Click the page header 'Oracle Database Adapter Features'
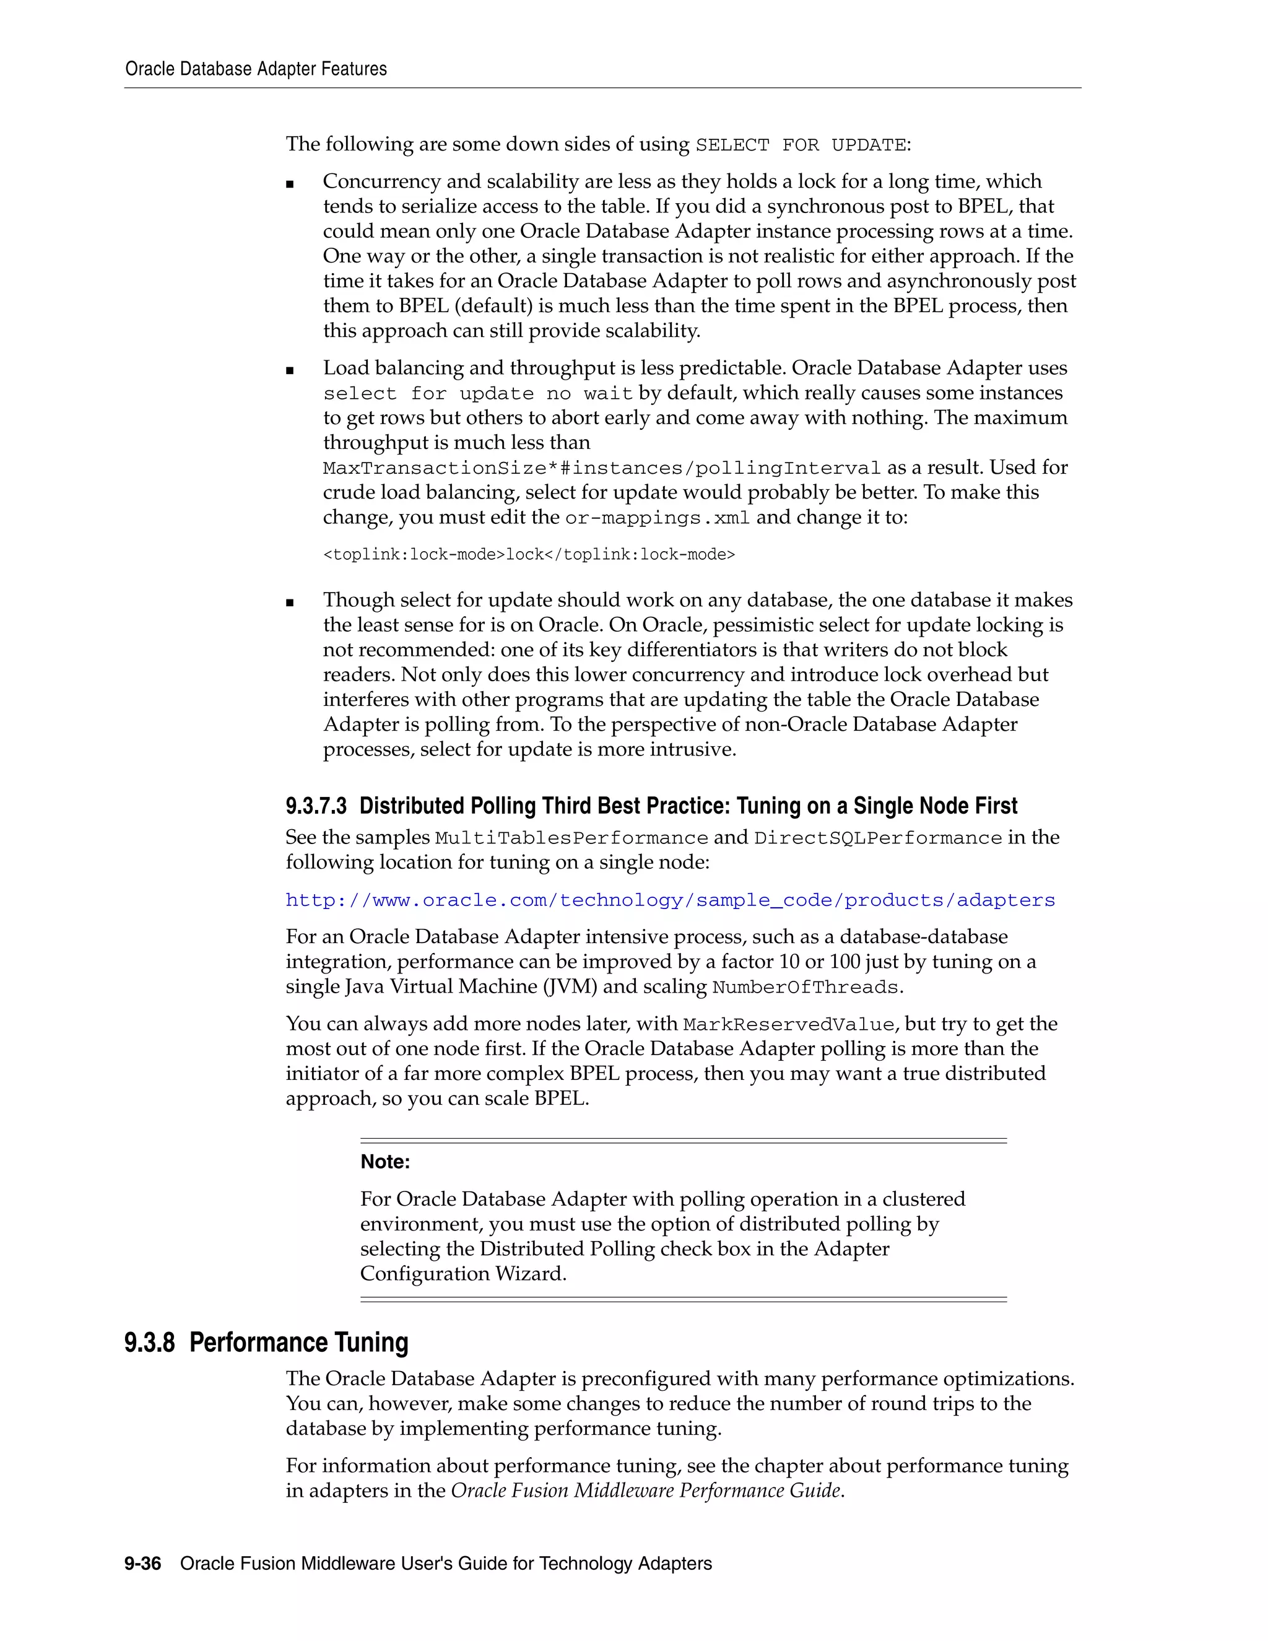click(x=256, y=69)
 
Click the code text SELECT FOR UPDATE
click(x=801, y=145)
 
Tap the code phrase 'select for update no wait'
click(x=478, y=394)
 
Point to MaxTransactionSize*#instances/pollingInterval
click(x=601, y=468)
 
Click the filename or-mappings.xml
click(x=658, y=518)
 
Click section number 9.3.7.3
click(x=316, y=806)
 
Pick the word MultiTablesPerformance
click(x=571, y=838)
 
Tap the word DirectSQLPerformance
click(x=877, y=838)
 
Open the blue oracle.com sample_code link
click(x=670, y=900)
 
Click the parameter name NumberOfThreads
click(x=806, y=987)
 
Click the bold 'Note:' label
click(x=385, y=1162)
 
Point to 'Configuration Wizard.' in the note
click(x=462, y=1274)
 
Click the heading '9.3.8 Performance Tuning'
click(x=267, y=1343)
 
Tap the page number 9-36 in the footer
click(x=143, y=1564)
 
